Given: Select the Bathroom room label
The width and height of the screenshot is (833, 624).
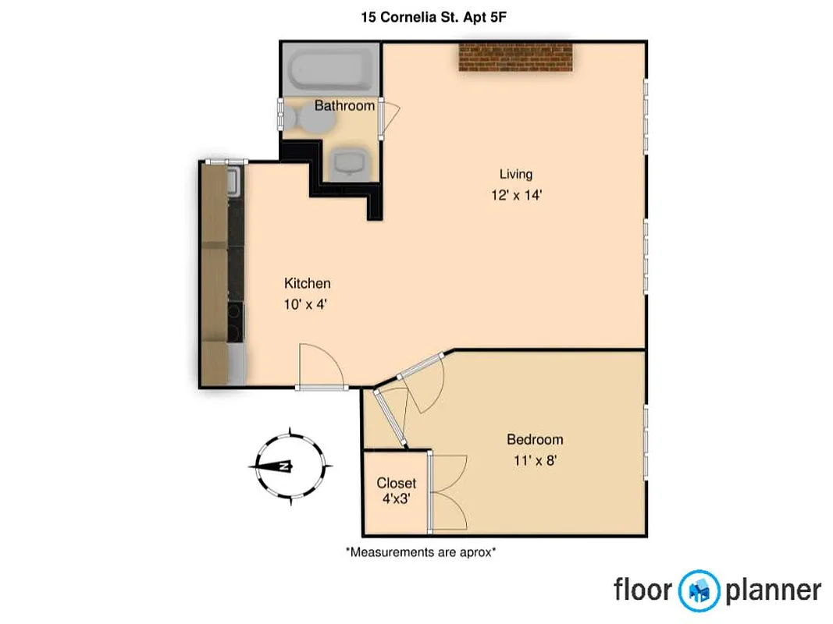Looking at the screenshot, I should (x=344, y=105).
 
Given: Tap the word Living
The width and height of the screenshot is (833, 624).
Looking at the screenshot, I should (x=516, y=174).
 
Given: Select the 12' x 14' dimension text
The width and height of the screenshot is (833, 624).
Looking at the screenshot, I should (x=516, y=195).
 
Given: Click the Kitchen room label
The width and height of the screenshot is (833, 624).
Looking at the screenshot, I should (x=307, y=283).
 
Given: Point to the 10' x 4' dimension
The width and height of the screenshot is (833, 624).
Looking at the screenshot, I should (x=305, y=305).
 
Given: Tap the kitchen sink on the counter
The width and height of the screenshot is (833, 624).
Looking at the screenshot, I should (x=233, y=182).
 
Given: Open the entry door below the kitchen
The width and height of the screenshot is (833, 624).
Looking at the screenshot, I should (x=320, y=367).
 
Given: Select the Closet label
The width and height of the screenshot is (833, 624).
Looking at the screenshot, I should (x=397, y=483).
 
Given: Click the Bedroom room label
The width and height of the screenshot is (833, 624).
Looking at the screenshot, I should (x=535, y=440).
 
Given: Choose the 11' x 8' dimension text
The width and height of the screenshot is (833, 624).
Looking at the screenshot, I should (x=535, y=461).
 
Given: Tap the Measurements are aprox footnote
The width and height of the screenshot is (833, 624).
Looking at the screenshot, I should (x=421, y=552).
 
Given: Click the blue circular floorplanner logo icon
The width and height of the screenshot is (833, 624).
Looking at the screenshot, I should (x=699, y=590).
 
